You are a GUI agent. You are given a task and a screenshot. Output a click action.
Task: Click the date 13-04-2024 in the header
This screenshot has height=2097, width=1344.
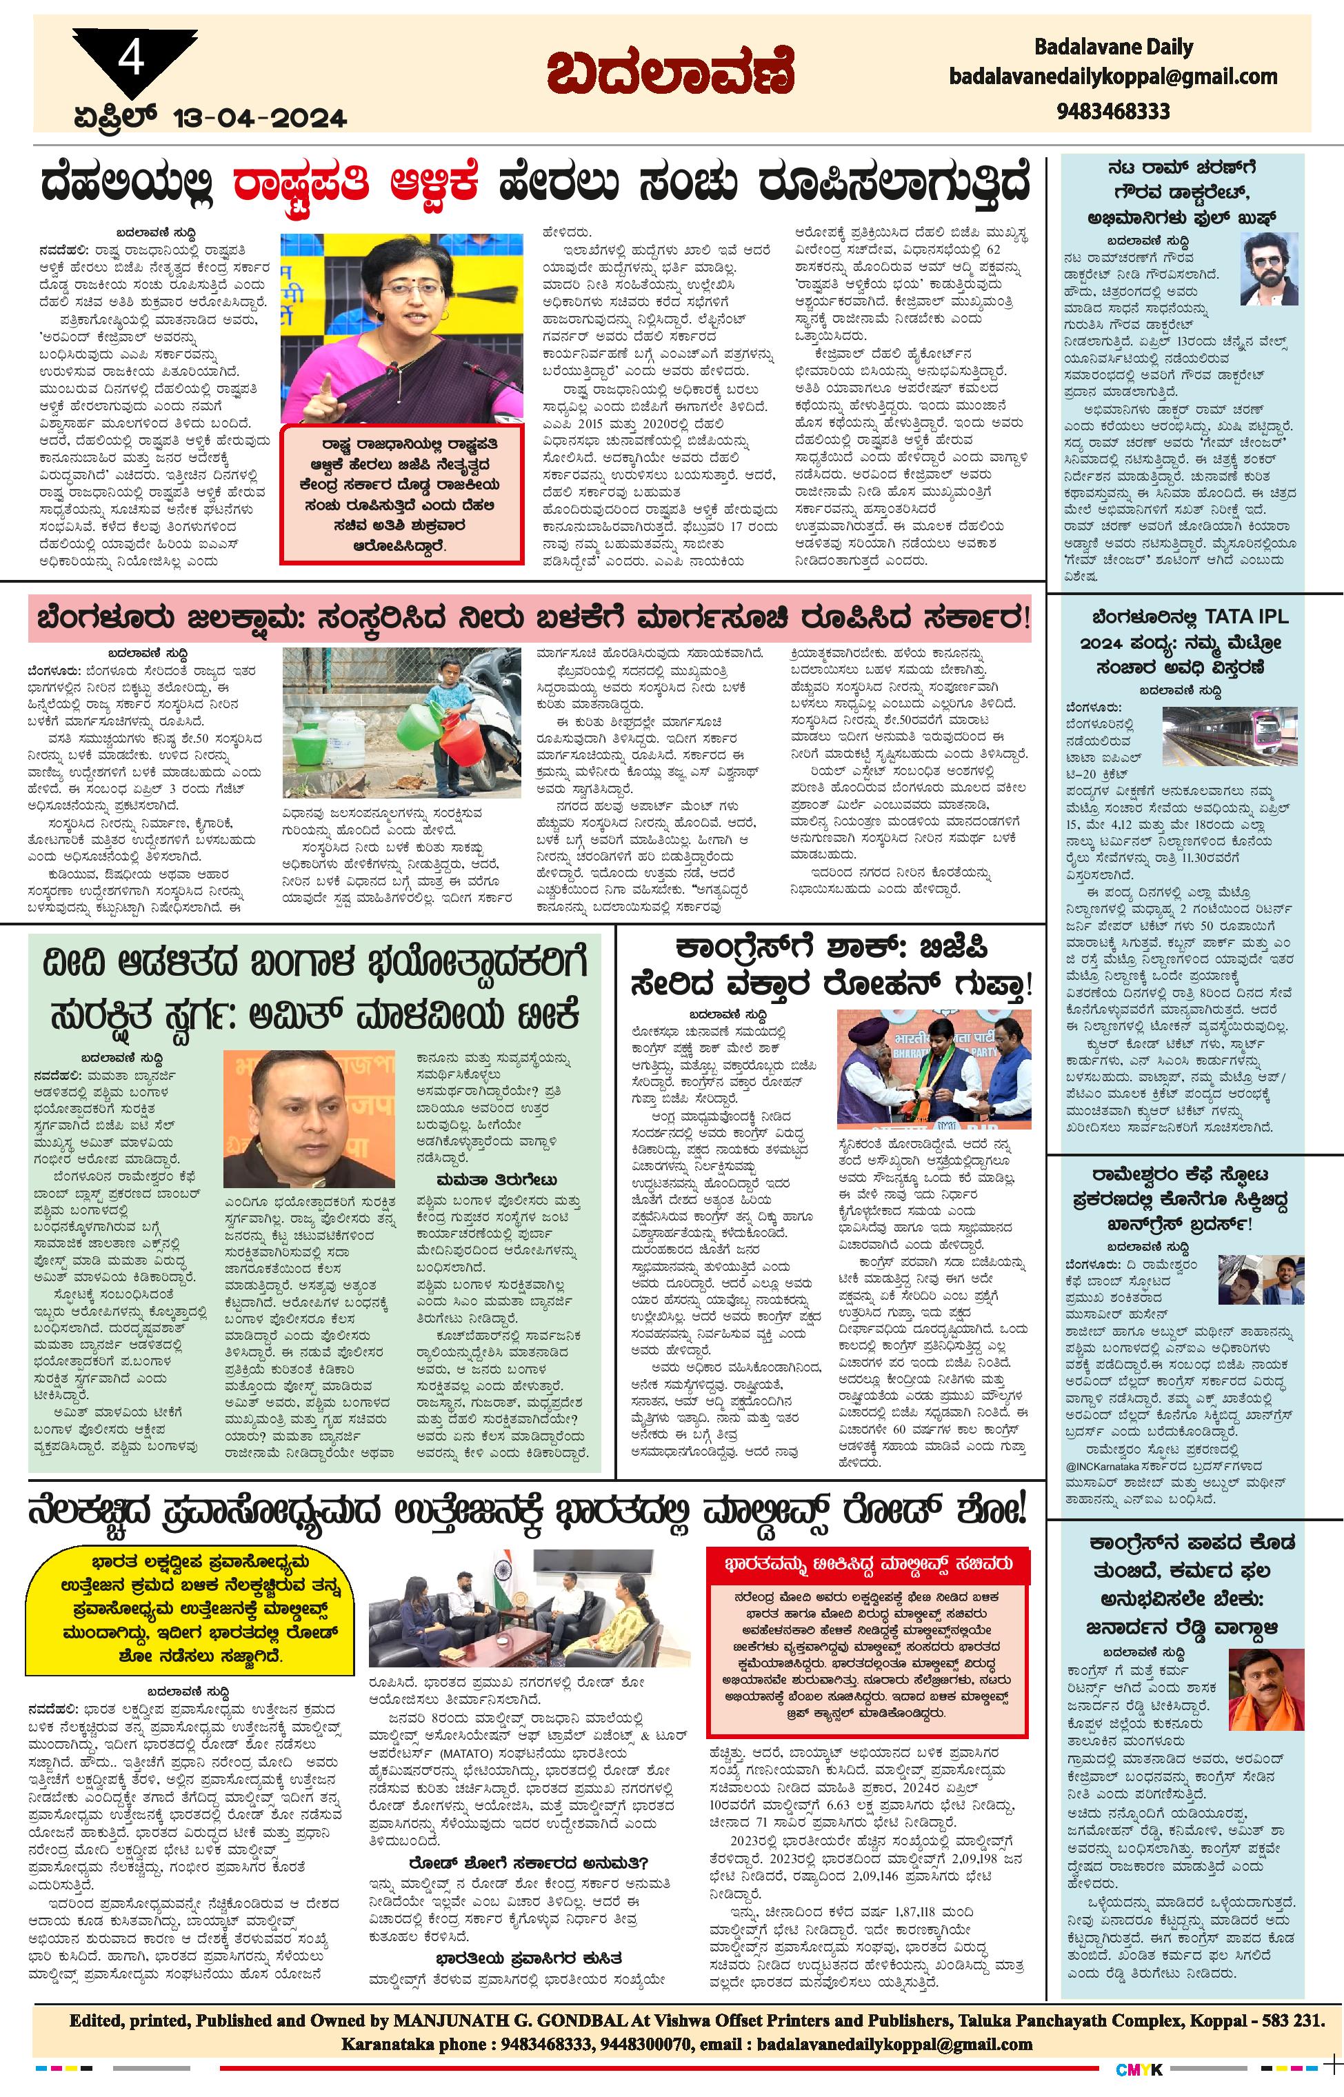pos(259,118)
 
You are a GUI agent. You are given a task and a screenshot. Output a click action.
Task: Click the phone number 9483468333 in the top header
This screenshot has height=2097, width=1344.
pos(1113,112)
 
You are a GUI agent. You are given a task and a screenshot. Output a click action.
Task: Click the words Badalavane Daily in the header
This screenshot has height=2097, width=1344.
pos(1113,47)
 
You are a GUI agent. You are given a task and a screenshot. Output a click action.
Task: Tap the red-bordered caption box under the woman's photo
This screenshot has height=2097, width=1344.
pos(401,494)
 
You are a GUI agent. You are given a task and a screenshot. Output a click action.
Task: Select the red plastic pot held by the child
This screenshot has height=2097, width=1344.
pos(461,739)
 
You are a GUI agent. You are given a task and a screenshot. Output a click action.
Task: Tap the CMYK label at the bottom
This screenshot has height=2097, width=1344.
pos(1139,2068)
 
